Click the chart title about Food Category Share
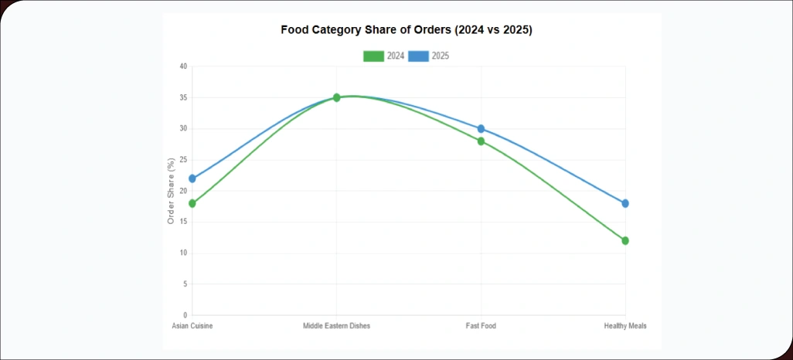[x=407, y=30]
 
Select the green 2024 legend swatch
[x=373, y=56]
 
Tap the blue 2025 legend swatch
[x=418, y=56]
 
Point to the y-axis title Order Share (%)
[x=171, y=191]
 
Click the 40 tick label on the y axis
[x=183, y=66]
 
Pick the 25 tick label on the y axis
[x=183, y=160]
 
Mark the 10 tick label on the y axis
[x=183, y=253]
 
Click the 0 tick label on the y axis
[x=185, y=315]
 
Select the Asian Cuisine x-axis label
[x=192, y=326]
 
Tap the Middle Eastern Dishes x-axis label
[x=336, y=326]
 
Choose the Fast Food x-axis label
[x=481, y=326]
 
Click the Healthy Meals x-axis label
[x=625, y=326]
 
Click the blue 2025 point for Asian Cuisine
[x=192, y=178]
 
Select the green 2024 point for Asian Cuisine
[x=192, y=203]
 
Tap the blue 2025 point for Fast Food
[x=481, y=129]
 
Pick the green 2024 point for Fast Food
[x=481, y=141]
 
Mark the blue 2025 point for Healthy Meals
[x=625, y=203]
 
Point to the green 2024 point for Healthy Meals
[x=625, y=241]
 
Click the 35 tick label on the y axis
[x=183, y=97]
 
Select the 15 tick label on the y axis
[x=183, y=222]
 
